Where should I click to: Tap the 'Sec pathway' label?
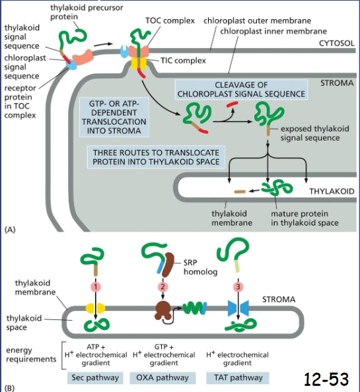pyautogui.click(x=92, y=378)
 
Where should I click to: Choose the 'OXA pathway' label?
pyautogui.click(x=162, y=378)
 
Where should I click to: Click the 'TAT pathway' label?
pyautogui.click(x=237, y=378)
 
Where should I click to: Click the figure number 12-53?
pyautogui.click(x=326, y=378)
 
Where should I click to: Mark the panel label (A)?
pyautogui.click(x=10, y=229)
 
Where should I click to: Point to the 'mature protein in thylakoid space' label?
pyautogui.click(x=305, y=218)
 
